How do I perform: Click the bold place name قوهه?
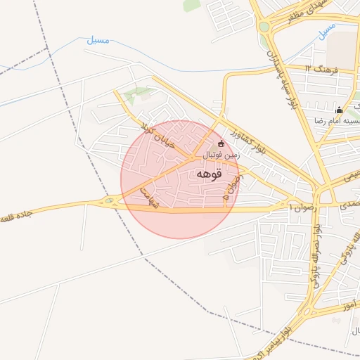pyautogui.click(x=209, y=174)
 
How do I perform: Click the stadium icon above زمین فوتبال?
pyautogui.click(x=221, y=143)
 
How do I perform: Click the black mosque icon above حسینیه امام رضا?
pyautogui.click(x=339, y=110)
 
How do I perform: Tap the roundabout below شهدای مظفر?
pyautogui.click(x=264, y=27)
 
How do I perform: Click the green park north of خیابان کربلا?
pyautogui.click(x=137, y=92)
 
